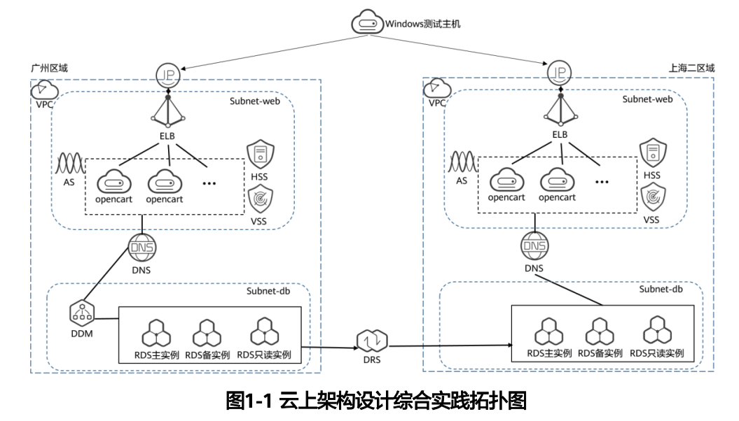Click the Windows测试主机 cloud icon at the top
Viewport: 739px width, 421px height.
pos(367,24)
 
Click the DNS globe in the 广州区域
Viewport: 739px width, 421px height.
pos(142,248)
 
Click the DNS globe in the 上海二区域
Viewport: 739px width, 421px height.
pos(535,247)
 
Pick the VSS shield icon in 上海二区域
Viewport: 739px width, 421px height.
pos(652,199)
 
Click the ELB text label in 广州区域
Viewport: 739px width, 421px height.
pos(166,135)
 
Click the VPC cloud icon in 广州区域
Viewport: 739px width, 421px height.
pos(46,90)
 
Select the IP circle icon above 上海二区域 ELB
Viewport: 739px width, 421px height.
pos(558,73)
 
